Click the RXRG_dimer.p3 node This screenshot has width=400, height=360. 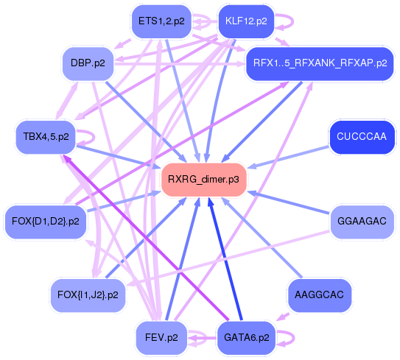(x=203, y=179)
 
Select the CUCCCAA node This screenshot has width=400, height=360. (x=361, y=137)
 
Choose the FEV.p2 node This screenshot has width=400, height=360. (x=161, y=338)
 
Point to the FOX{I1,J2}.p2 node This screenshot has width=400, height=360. (x=87, y=294)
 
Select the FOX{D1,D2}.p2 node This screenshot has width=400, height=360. (x=46, y=221)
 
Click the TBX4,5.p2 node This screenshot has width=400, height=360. (x=46, y=137)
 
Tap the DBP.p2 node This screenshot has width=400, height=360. (x=87, y=63)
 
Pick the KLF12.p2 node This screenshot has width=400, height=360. (x=245, y=21)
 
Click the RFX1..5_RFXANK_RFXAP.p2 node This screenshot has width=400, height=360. (x=319, y=63)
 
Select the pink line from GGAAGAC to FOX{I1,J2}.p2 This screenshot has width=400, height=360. (x=236, y=254)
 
